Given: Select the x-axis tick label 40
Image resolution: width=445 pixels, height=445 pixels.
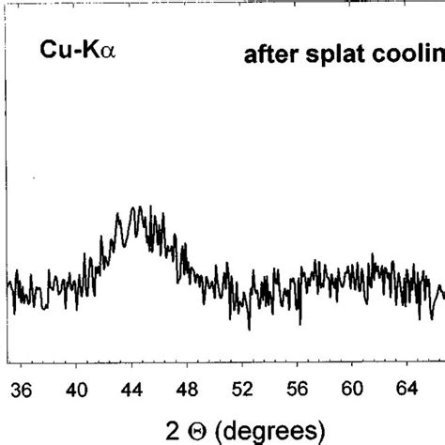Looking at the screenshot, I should (77, 389).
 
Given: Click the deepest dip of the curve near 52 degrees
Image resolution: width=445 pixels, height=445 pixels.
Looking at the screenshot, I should (249, 329).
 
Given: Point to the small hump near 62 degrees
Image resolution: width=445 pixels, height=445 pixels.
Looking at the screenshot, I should (373, 255).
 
